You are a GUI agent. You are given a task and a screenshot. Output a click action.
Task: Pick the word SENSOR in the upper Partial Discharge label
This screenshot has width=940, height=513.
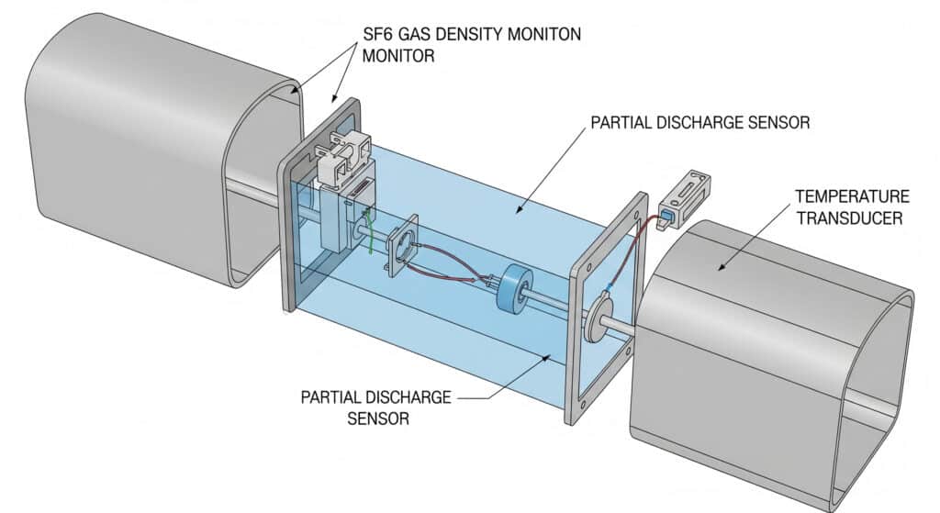click(775, 122)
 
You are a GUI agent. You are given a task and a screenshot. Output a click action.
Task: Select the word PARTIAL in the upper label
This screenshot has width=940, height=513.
click(620, 122)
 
